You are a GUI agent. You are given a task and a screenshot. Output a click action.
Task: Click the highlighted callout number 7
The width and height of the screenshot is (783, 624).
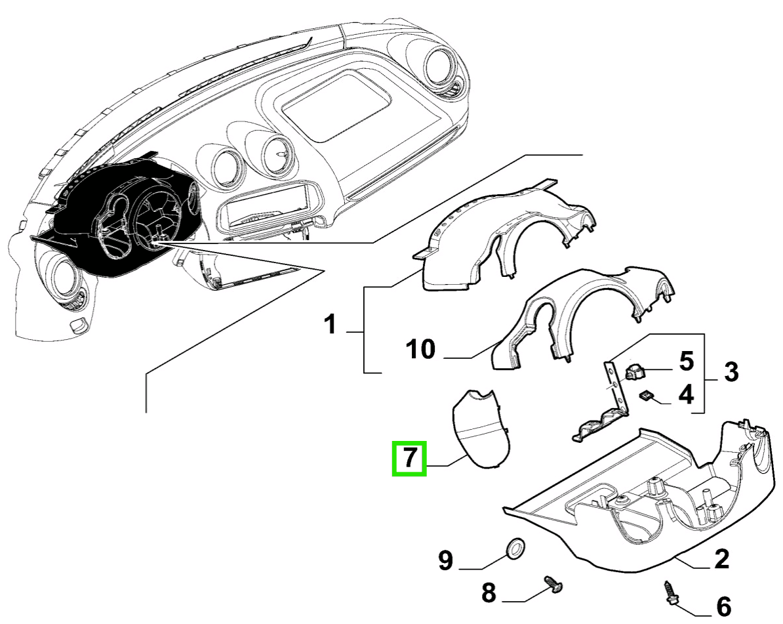[x=409, y=457]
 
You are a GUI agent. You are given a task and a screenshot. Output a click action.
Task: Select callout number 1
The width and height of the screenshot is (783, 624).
[x=331, y=324]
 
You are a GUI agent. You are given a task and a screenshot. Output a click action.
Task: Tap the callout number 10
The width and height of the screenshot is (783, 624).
[x=420, y=350]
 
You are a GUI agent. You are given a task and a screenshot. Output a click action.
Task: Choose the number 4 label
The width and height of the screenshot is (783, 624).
[x=685, y=394]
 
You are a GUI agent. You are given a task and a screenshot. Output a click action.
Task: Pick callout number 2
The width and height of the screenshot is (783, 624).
[x=721, y=559]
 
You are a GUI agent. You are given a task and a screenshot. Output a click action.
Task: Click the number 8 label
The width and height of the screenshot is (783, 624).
[x=489, y=594]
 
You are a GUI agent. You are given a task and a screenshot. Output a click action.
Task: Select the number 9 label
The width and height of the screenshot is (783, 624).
[x=445, y=560]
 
